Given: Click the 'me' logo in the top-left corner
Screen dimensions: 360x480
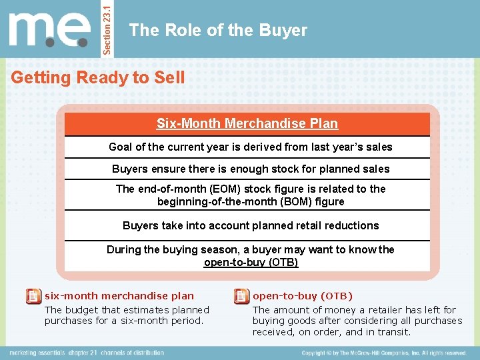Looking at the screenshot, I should point(49,30).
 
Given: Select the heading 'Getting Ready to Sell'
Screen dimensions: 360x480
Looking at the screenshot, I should point(98,77).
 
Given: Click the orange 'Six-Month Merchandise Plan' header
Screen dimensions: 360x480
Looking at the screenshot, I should point(247,123).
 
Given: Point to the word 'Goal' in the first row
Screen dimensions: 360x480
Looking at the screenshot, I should point(121,147).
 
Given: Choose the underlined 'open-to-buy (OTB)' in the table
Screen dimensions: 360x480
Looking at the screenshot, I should point(251,262).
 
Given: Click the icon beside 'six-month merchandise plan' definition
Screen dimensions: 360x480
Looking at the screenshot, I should point(33,297).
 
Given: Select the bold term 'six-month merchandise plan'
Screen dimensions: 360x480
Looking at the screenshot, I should point(119,296).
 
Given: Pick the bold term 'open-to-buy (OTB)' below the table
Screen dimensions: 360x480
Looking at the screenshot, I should point(303,296).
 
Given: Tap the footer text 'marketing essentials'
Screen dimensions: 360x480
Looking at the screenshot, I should point(38,353).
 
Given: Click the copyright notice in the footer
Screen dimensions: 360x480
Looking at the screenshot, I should point(384,353).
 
